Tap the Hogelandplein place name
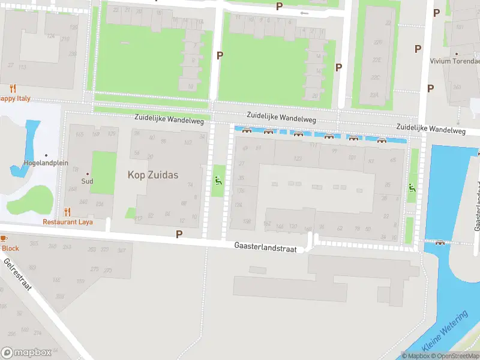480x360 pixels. click(x=46, y=163)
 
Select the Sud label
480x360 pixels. click(x=88, y=180)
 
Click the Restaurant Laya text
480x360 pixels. click(x=67, y=221)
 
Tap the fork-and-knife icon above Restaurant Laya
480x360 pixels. click(x=67, y=211)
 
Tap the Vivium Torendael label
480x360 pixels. click(x=455, y=61)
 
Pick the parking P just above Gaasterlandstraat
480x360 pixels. click(x=179, y=233)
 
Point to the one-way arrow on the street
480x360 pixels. click(x=304, y=13)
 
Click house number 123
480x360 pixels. click(x=298, y=158)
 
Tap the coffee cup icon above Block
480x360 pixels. click(x=2, y=238)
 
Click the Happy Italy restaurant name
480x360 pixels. click(x=14, y=98)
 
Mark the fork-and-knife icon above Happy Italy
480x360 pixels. click(x=13, y=88)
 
